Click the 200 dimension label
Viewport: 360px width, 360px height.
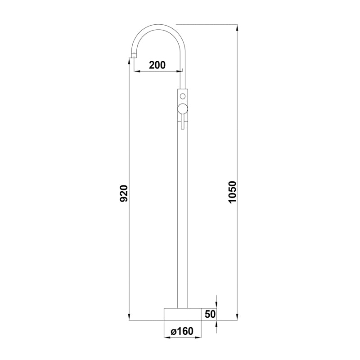[x=157, y=65]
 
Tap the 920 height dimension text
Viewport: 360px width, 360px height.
[x=123, y=193]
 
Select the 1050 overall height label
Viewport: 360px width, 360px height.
[x=232, y=192]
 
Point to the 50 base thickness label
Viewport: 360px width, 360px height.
[x=210, y=314]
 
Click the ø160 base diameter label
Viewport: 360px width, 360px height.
[x=182, y=331]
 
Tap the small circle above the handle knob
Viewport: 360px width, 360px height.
[x=183, y=96]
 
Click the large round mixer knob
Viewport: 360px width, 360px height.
[x=183, y=108]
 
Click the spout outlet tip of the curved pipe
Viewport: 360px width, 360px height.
[x=133, y=55]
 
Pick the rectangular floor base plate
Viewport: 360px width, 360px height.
[x=183, y=314]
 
